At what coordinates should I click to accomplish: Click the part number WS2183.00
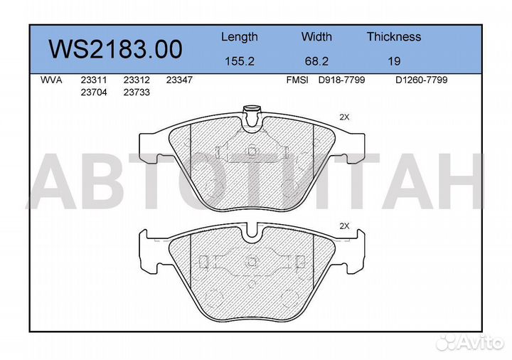[115, 49]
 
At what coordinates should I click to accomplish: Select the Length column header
[239, 37]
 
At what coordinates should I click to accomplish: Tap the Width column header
[316, 37]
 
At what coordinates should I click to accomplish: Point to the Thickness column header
[393, 37]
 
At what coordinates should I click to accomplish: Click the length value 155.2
[239, 61]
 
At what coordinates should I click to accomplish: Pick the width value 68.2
[316, 61]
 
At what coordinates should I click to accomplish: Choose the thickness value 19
[393, 61]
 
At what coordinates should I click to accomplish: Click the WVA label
[51, 80]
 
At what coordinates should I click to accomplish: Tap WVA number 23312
[136, 80]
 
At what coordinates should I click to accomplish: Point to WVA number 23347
[178, 80]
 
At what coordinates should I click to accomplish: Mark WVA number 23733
[136, 92]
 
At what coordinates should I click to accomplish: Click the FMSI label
[297, 80]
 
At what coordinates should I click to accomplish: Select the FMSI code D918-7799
[341, 80]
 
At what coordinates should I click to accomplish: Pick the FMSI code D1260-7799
[421, 80]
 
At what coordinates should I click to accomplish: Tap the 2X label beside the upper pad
[345, 117]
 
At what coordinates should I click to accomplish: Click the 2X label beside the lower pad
[345, 226]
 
